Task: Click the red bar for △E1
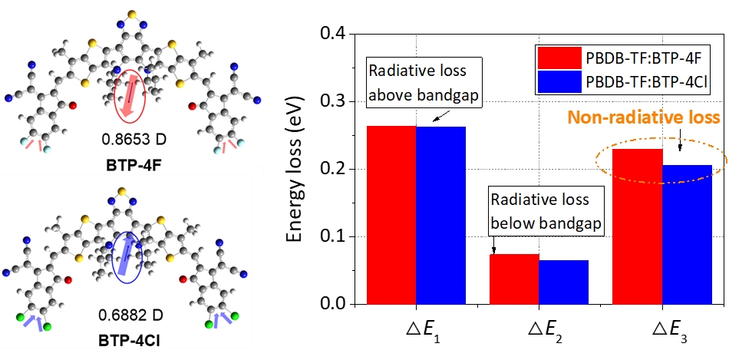pos(391,215)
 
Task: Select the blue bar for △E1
pos(440,215)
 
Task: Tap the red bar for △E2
pos(514,279)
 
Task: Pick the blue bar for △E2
pos(563,282)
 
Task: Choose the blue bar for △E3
pos(687,234)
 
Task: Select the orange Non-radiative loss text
pos(643,118)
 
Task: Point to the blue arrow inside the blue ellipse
pos(123,253)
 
